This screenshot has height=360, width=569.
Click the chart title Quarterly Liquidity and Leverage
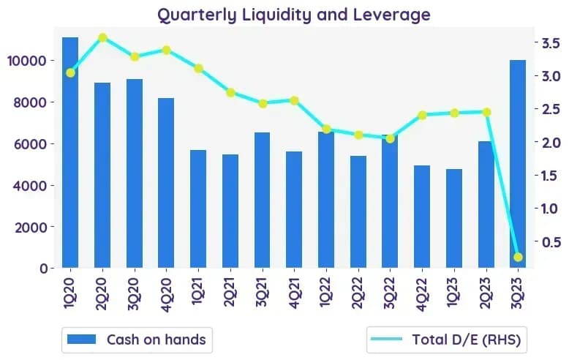click(x=294, y=15)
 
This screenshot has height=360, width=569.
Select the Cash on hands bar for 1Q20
click(x=70, y=152)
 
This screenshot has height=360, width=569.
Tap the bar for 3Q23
click(x=518, y=164)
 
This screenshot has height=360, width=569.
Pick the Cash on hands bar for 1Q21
click(x=198, y=209)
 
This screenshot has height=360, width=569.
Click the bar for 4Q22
click(x=422, y=217)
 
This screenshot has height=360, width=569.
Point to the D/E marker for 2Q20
click(x=102, y=38)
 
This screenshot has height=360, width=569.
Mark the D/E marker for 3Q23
click(x=518, y=257)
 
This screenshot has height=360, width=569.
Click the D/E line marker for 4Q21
click(x=294, y=100)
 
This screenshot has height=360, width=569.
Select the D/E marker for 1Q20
click(x=71, y=73)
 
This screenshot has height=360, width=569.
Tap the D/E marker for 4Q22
click(x=422, y=116)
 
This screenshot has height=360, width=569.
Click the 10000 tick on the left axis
click(x=27, y=61)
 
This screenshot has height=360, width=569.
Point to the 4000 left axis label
click(x=30, y=185)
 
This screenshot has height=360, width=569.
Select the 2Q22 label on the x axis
click(x=358, y=293)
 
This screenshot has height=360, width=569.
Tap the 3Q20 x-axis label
click(x=134, y=293)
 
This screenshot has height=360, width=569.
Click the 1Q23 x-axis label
click(x=454, y=292)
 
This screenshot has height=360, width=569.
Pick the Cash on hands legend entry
click(x=137, y=340)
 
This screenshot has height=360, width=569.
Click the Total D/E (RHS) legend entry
click(x=446, y=340)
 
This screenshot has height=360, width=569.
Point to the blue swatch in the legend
click(x=82, y=340)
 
